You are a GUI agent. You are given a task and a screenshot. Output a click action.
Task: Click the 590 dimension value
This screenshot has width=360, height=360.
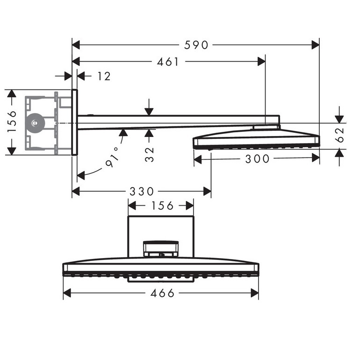click(196, 45)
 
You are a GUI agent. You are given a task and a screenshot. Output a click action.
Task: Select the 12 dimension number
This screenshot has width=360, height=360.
click(104, 76)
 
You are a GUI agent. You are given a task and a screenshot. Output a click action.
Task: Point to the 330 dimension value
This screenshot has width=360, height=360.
click(142, 191)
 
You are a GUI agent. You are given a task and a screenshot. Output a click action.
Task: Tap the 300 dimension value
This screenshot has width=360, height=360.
click(258, 159)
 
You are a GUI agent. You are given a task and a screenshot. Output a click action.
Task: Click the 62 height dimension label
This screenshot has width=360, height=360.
click(340, 135)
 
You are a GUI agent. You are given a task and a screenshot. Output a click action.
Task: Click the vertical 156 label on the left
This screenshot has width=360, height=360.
click(12, 122)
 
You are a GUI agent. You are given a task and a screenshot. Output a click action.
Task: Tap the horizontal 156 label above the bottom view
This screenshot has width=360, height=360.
click(160, 206)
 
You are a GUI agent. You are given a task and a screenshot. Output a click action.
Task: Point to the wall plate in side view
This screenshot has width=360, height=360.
click(74, 122)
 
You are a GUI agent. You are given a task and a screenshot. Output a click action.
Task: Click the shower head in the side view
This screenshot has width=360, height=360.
click(257, 140)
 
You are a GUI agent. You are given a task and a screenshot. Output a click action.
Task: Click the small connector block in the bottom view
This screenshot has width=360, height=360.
click(161, 249)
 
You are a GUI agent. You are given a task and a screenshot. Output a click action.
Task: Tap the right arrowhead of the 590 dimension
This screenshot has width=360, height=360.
click(316, 45)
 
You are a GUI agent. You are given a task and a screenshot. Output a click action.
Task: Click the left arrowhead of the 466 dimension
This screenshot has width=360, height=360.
click(67, 293)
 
